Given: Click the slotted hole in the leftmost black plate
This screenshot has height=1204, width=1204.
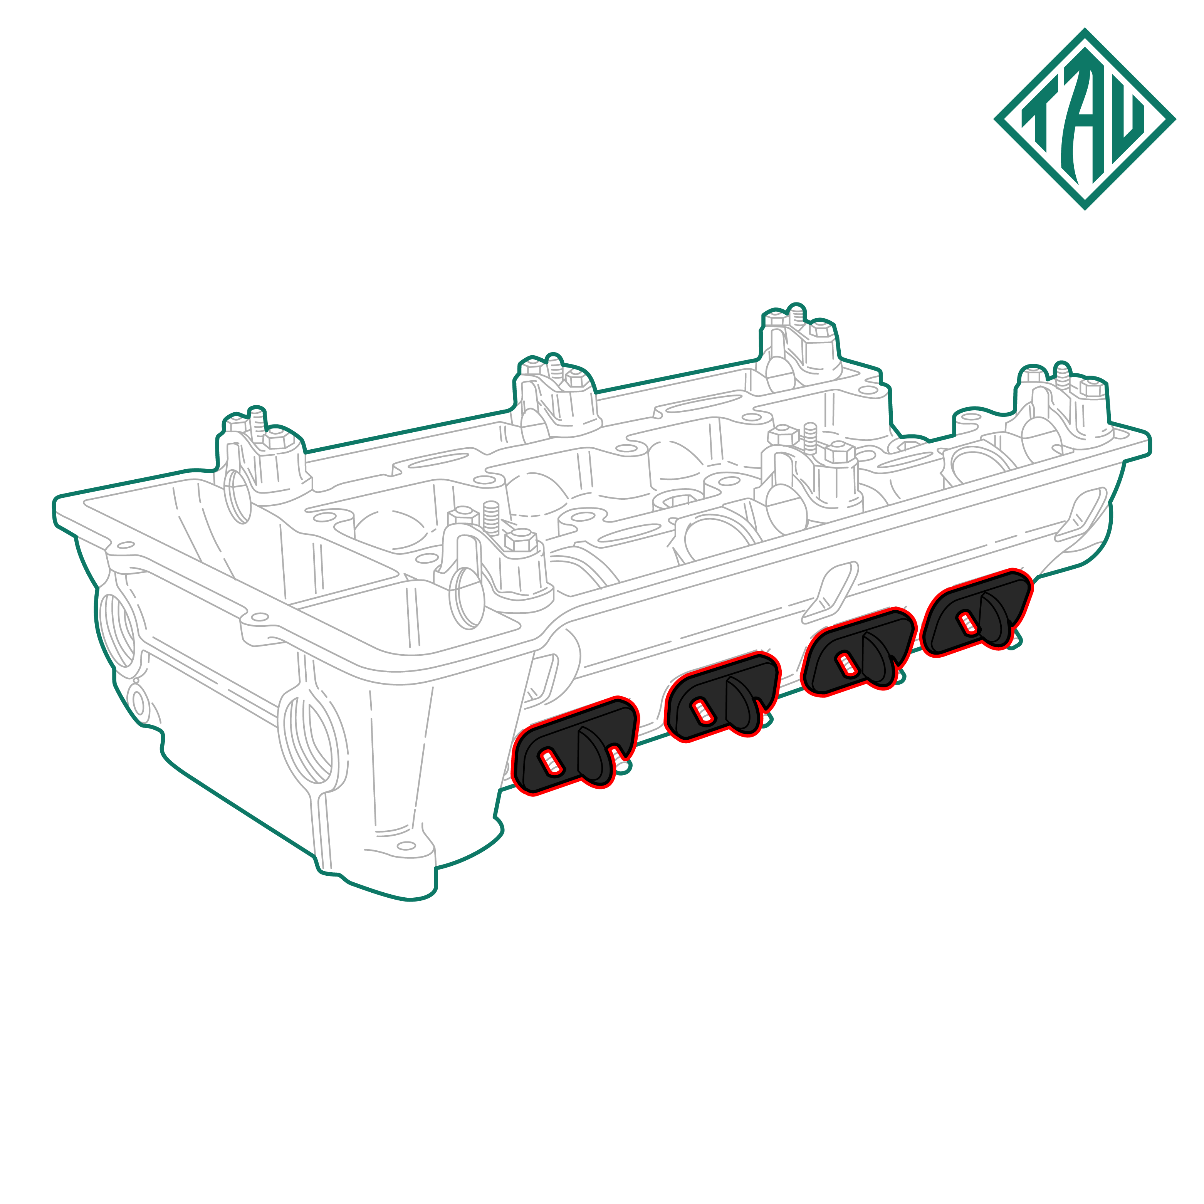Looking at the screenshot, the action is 551,762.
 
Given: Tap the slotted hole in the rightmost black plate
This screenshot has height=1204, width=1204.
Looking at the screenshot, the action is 967,621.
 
